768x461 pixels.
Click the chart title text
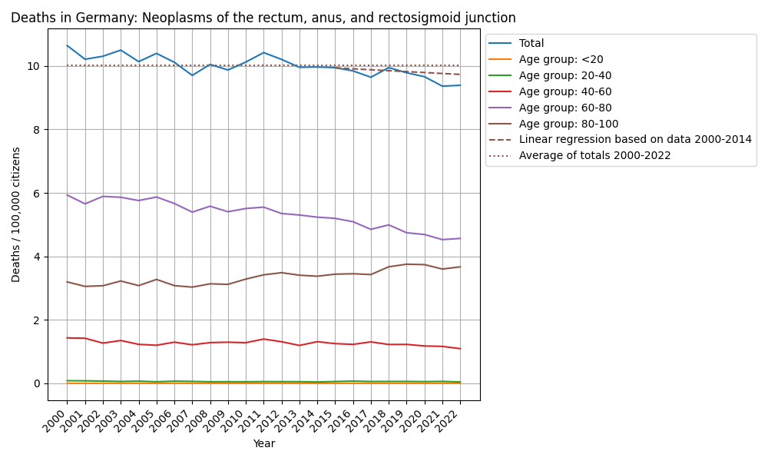[x=263, y=18]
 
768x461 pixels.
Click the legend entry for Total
[x=531, y=44]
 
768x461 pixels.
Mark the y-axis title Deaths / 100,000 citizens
[x=16, y=214]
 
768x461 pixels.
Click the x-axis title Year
[x=263, y=443]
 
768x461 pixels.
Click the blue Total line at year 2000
[x=67, y=45]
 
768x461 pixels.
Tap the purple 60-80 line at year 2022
[x=460, y=238]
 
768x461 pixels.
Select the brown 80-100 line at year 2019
[x=406, y=264]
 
